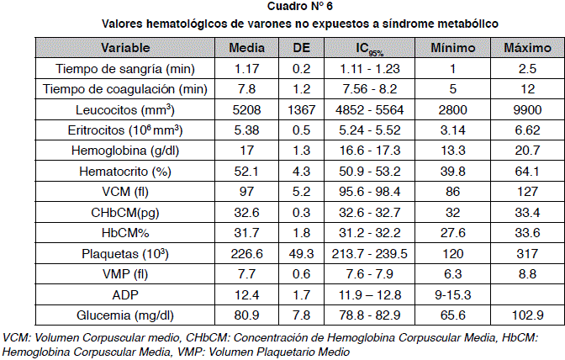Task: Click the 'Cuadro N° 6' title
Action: [282, 8]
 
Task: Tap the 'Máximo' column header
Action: [521, 47]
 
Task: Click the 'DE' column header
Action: [301, 47]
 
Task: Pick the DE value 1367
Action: [301, 109]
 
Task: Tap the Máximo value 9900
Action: [521, 109]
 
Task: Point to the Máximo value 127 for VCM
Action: [521, 192]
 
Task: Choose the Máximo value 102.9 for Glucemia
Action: [521, 315]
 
